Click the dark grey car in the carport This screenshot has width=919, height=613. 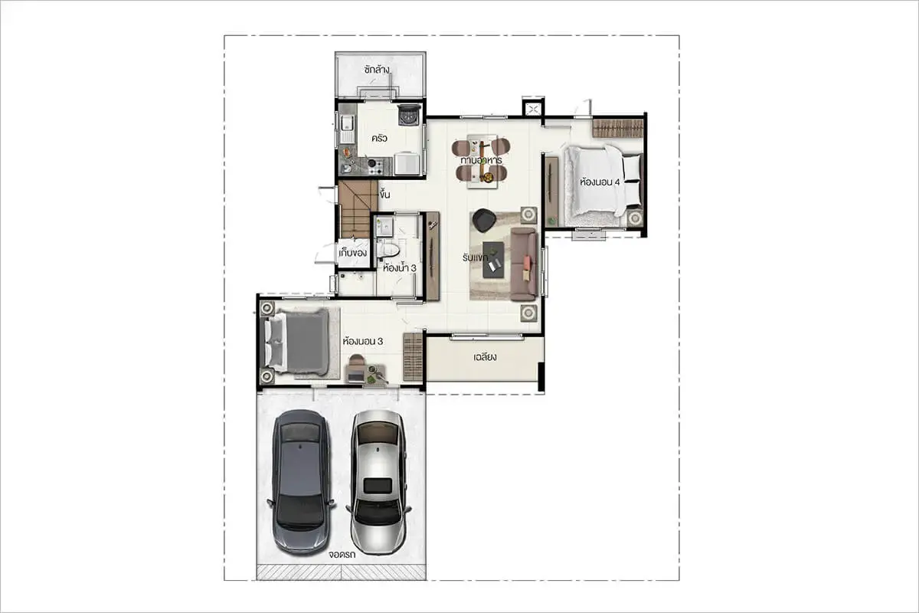pyautogui.click(x=301, y=482)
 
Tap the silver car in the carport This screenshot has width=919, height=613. pyautogui.click(x=378, y=483)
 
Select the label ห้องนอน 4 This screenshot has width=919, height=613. pyautogui.click(x=600, y=182)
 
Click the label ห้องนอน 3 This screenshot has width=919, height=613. pyautogui.click(x=363, y=341)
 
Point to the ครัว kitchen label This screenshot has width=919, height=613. pyautogui.click(x=380, y=138)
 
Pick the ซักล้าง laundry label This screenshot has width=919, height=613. pyautogui.click(x=377, y=70)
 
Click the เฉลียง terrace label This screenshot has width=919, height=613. pyautogui.click(x=485, y=357)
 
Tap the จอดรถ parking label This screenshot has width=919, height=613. pyautogui.click(x=342, y=555)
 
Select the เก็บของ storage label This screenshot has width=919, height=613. pyautogui.click(x=353, y=253)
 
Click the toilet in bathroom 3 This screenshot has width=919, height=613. pyautogui.click(x=388, y=250)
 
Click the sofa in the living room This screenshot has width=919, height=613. pyautogui.click(x=524, y=264)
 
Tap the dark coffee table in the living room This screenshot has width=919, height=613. pyautogui.click(x=493, y=260)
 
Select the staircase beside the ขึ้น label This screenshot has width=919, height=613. pyautogui.click(x=358, y=209)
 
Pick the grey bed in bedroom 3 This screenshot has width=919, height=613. pyautogui.click(x=297, y=342)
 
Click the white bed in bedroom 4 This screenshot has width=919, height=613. pyautogui.click(x=602, y=181)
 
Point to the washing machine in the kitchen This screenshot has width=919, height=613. pyautogui.click(x=409, y=114)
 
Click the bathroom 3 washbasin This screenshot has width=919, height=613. pyautogui.click(x=384, y=227)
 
